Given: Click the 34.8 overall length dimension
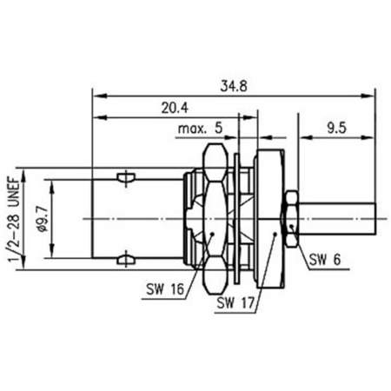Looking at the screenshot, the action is [x=234, y=86].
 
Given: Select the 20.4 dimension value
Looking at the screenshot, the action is [x=175, y=108].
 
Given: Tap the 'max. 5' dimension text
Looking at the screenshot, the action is [x=200, y=128].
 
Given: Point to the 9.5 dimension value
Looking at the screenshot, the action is [x=336, y=128].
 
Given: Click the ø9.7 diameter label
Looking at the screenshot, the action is [x=43, y=219].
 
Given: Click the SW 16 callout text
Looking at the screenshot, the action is [x=165, y=288].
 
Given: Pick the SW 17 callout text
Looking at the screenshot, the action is [x=235, y=303].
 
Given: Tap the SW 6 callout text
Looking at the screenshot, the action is [x=325, y=259].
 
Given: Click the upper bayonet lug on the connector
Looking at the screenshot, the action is [x=126, y=177].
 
